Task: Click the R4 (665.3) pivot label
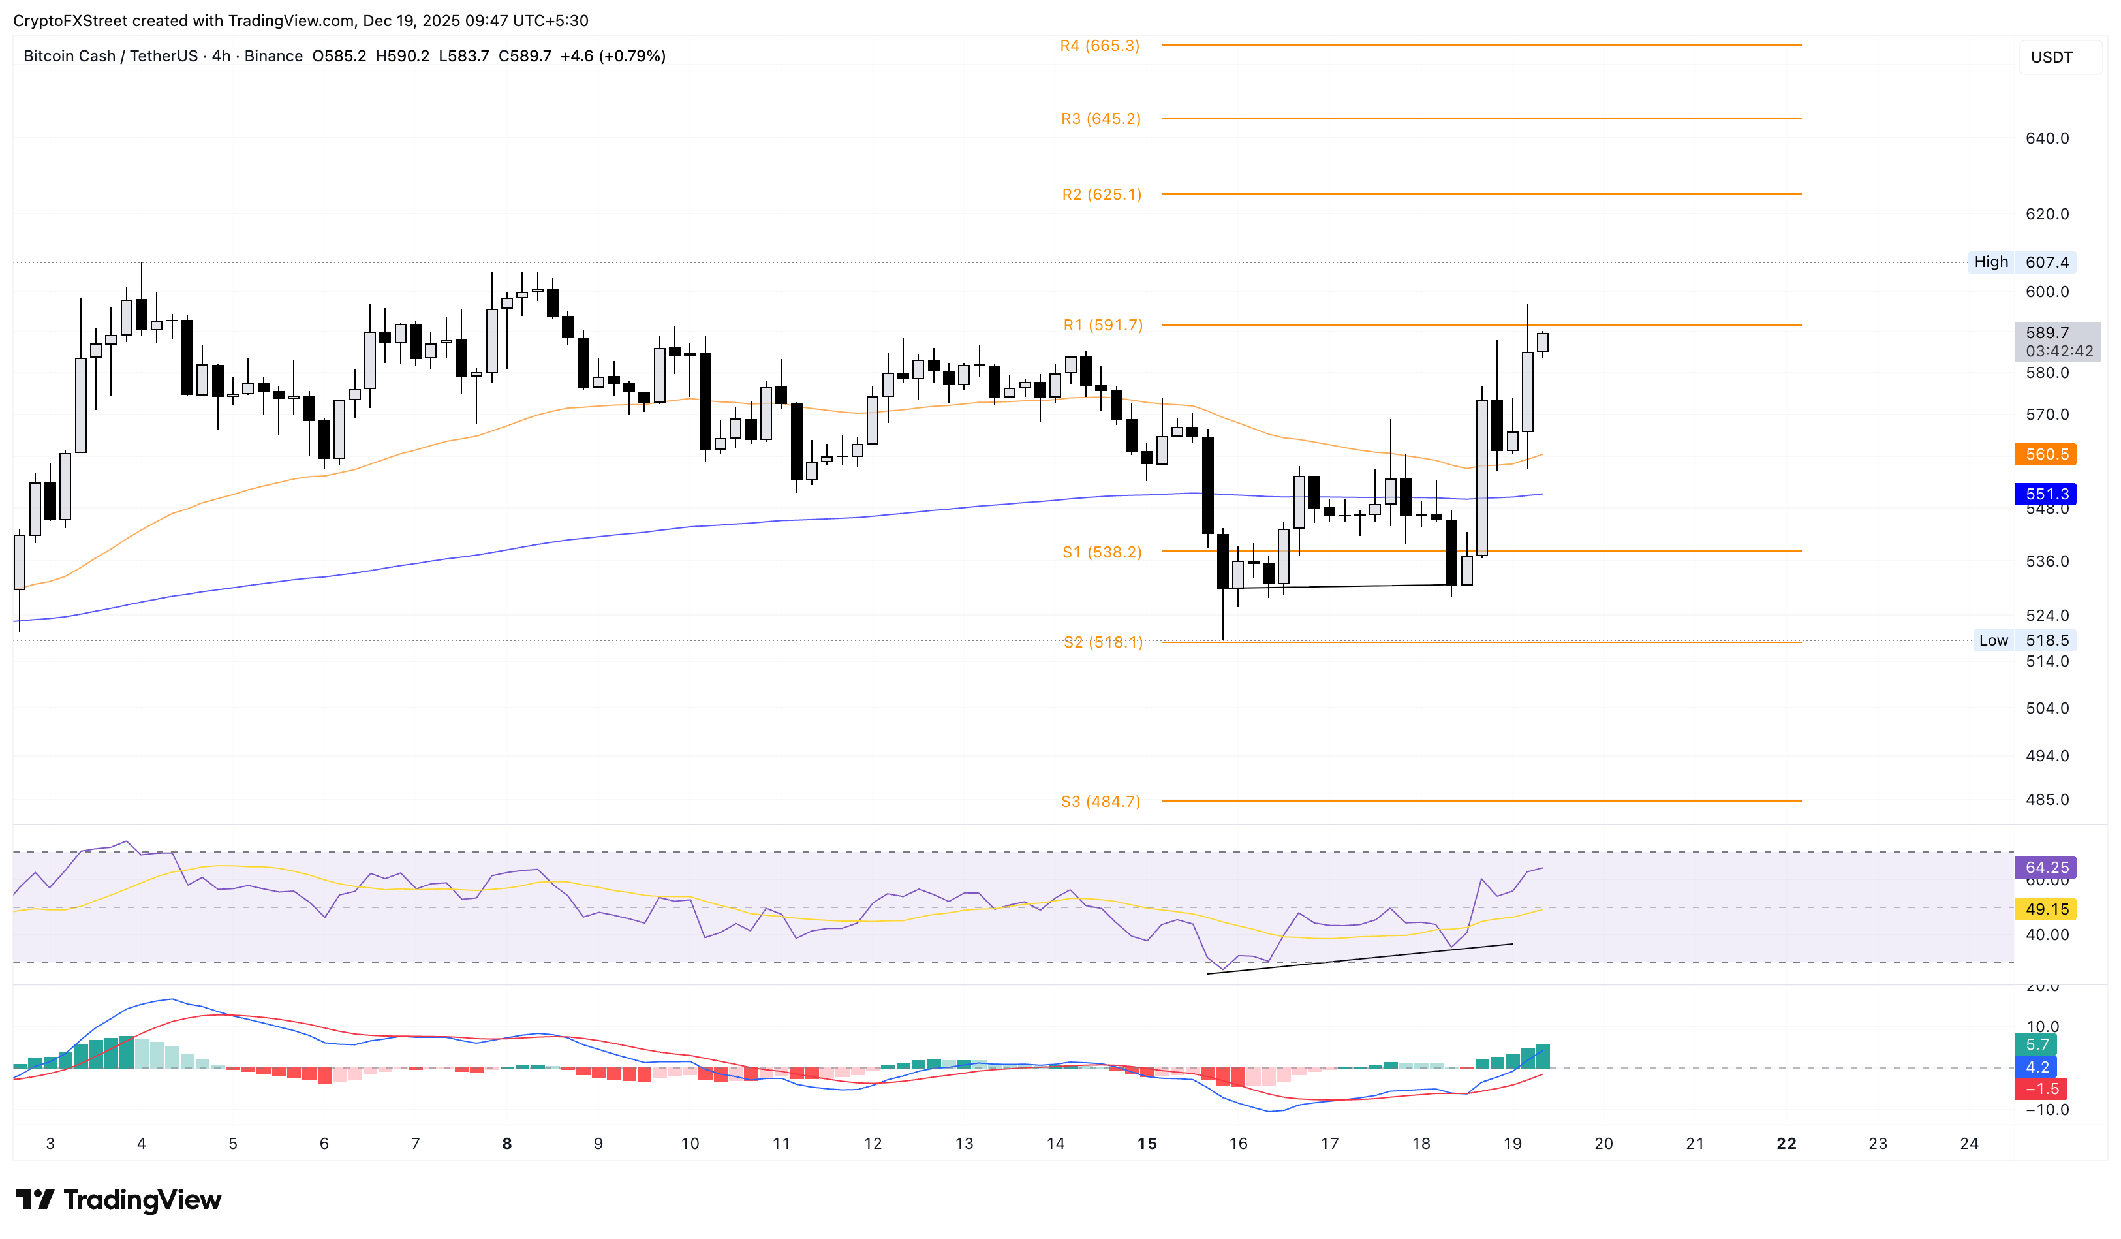click(1099, 46)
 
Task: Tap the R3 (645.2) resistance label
click(1100, 119)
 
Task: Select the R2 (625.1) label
click(1101, 195)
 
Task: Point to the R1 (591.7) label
click(1102, 325)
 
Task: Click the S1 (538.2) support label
click(1101, 552)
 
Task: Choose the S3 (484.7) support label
click(1100, 802)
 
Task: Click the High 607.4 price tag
click(2022, 262)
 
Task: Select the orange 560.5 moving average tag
click(2046, 454)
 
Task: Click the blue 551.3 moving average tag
click(2046, 494)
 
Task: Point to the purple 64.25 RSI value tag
click(2046, 867)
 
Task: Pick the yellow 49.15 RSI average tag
click(2046, 909)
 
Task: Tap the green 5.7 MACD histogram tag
click(2037, 1044)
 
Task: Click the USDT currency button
click(2051, 57)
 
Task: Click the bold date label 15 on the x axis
click(1147, 1143)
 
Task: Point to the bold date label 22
click(1786, 1143)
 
